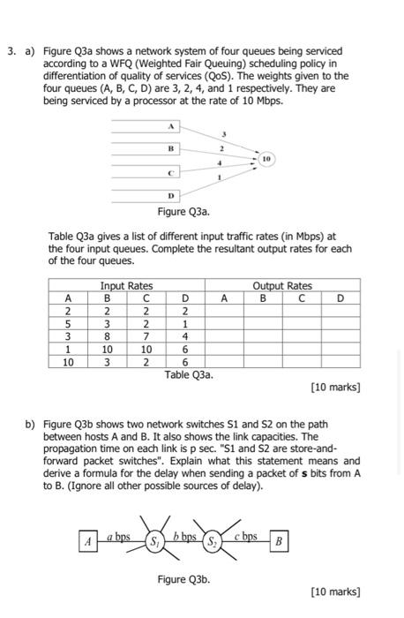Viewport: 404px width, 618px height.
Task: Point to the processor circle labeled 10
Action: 266,159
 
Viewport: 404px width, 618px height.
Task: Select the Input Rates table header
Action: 126,285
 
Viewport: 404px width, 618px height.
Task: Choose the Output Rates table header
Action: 282,285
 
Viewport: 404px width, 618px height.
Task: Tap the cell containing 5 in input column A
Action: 67,323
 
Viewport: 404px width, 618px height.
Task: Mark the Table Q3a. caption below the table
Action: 189,373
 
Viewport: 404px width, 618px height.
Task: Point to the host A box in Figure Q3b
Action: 87,540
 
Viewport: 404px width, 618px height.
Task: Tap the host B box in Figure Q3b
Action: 277,539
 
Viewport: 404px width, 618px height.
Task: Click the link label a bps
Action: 119,535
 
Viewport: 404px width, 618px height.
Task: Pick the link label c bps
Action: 245,535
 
